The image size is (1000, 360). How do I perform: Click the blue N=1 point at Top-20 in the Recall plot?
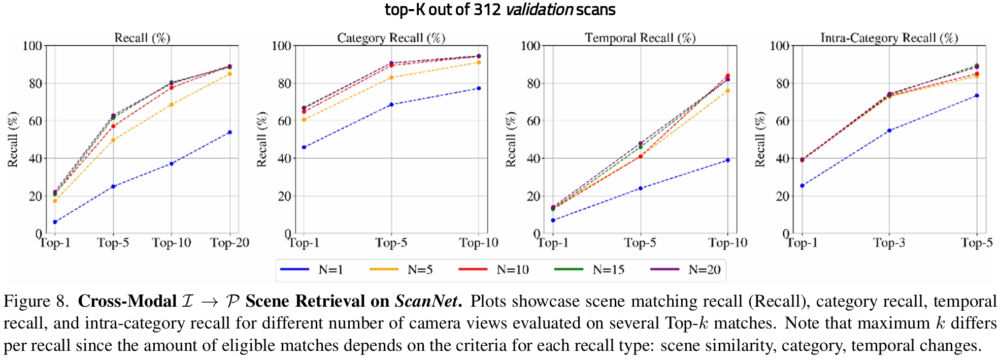coord(230,133)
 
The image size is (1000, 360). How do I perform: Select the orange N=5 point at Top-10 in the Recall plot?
coord(172,105)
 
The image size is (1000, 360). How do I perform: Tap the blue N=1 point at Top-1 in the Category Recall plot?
coord(304,147)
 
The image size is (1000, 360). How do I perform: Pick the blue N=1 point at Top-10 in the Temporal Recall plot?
coord(728,160)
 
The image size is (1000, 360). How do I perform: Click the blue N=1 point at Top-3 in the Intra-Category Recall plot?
coord(889,130)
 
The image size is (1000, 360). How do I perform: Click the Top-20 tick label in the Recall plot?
coord(230,243)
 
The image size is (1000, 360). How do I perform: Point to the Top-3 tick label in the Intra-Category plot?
coord(889,243)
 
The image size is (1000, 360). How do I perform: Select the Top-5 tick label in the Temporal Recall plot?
coord(640,243)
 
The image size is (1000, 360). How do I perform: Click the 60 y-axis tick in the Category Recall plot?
coord(284,121)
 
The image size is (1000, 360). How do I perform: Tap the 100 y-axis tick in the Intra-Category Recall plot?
coord(780,46)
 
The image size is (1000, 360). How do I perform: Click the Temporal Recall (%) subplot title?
coord(640,38)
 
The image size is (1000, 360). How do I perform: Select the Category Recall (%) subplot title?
coord(391,38)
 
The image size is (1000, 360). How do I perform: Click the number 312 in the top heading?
coord(487,10)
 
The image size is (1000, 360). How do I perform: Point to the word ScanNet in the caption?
coord(426,301)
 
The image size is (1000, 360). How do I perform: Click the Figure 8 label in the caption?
coord(36,301)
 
